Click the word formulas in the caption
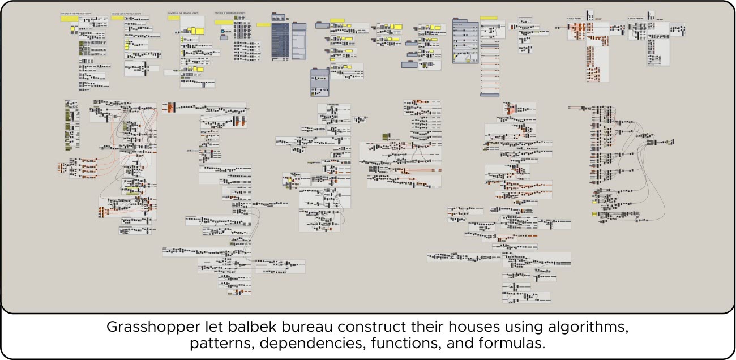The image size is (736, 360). click(514, 344)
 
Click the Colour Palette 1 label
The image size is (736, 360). click(575, 19)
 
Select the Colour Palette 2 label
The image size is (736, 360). click(636, 19)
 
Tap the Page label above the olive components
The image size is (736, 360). click(68, 101)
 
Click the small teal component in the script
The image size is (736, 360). click(222, 31)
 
